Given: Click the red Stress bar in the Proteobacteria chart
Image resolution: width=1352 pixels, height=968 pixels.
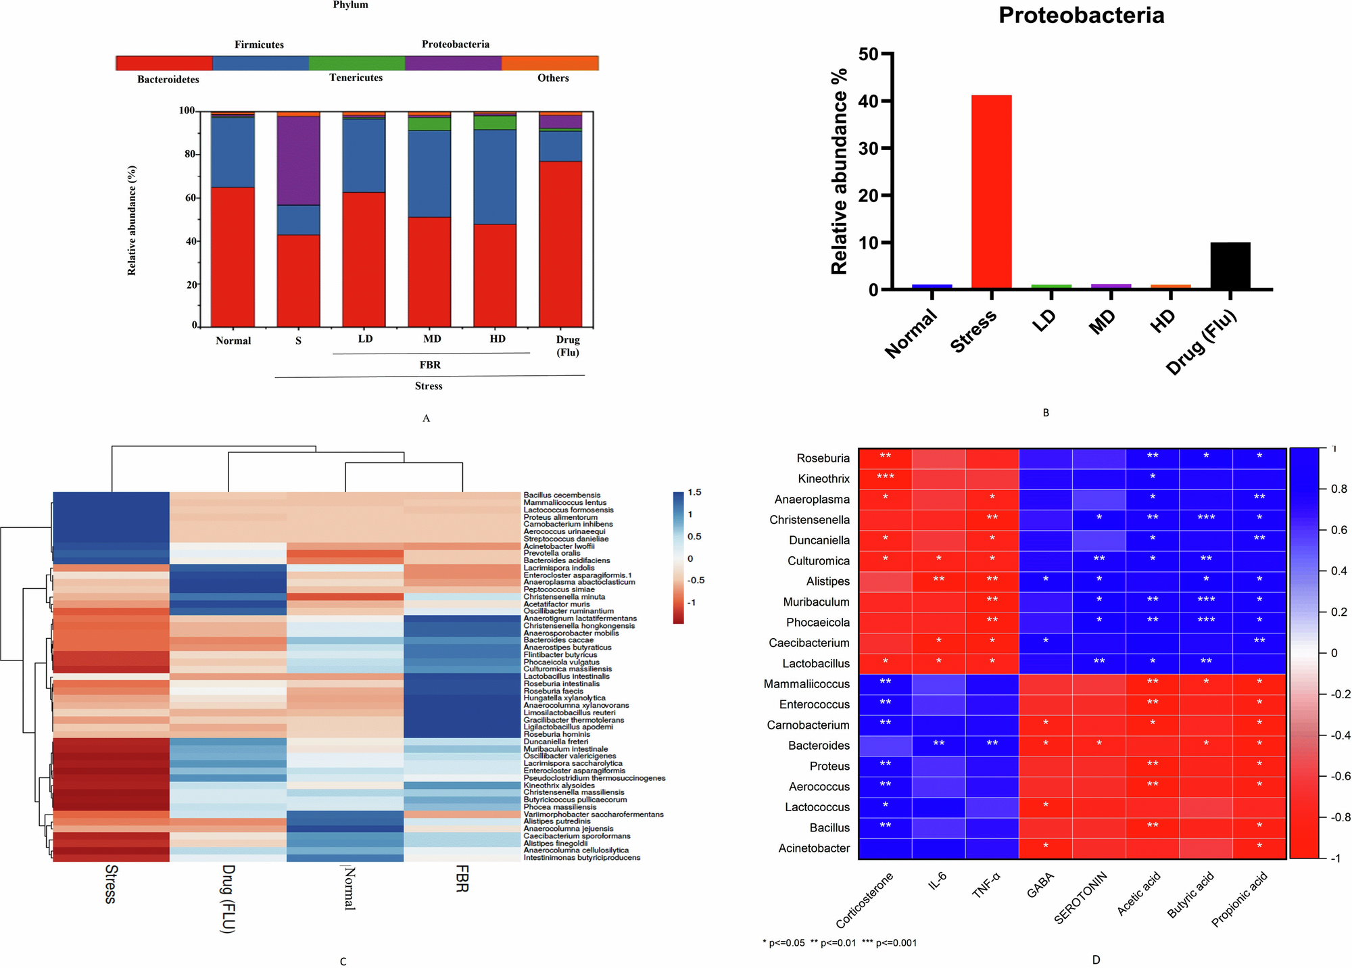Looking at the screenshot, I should (991, 192).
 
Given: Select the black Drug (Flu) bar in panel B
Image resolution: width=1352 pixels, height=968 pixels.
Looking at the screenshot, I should (1230, 266).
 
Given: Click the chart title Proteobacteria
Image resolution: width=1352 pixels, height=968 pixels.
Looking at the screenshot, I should (1081, 15).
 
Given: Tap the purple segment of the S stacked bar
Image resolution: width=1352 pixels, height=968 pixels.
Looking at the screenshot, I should (298, 160).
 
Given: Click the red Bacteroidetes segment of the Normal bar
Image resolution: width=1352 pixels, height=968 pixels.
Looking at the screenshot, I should (233, 257).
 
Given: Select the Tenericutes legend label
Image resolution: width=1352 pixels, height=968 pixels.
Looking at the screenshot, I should (356, 78).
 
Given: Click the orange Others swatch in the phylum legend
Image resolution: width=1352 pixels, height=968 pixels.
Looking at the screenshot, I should (550, 63).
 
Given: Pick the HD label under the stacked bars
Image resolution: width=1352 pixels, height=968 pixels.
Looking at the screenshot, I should (497, 339).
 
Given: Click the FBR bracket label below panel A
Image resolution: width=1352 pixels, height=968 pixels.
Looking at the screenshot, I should (430, 365).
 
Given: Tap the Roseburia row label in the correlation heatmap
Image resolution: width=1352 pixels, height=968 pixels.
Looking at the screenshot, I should (823, 458).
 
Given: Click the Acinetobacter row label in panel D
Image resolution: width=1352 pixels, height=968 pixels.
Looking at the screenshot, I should (814, 848).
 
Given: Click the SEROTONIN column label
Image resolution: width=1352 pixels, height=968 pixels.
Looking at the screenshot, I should (1082, 898).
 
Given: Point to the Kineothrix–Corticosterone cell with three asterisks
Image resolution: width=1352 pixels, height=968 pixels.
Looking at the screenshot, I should (885, 478).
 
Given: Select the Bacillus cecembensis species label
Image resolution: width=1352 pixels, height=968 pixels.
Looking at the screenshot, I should (562, 495).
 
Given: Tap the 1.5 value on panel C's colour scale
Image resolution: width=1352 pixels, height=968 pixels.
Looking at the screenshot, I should (694, 493).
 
